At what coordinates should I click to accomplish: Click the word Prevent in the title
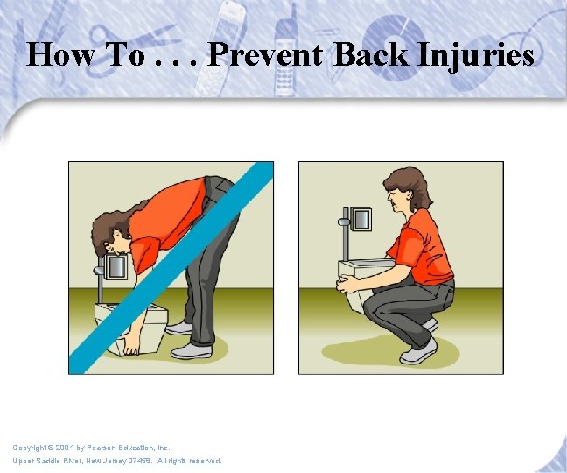coord(265,54)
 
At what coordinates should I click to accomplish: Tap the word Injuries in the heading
coord(475,56)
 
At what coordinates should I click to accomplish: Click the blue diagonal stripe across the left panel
coord(171,268)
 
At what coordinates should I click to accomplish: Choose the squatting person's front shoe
coord(418,353)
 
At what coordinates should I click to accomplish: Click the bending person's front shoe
coord(192,351)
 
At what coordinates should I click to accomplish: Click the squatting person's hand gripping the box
coord(347,284)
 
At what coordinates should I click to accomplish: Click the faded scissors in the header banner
coord(134,44)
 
